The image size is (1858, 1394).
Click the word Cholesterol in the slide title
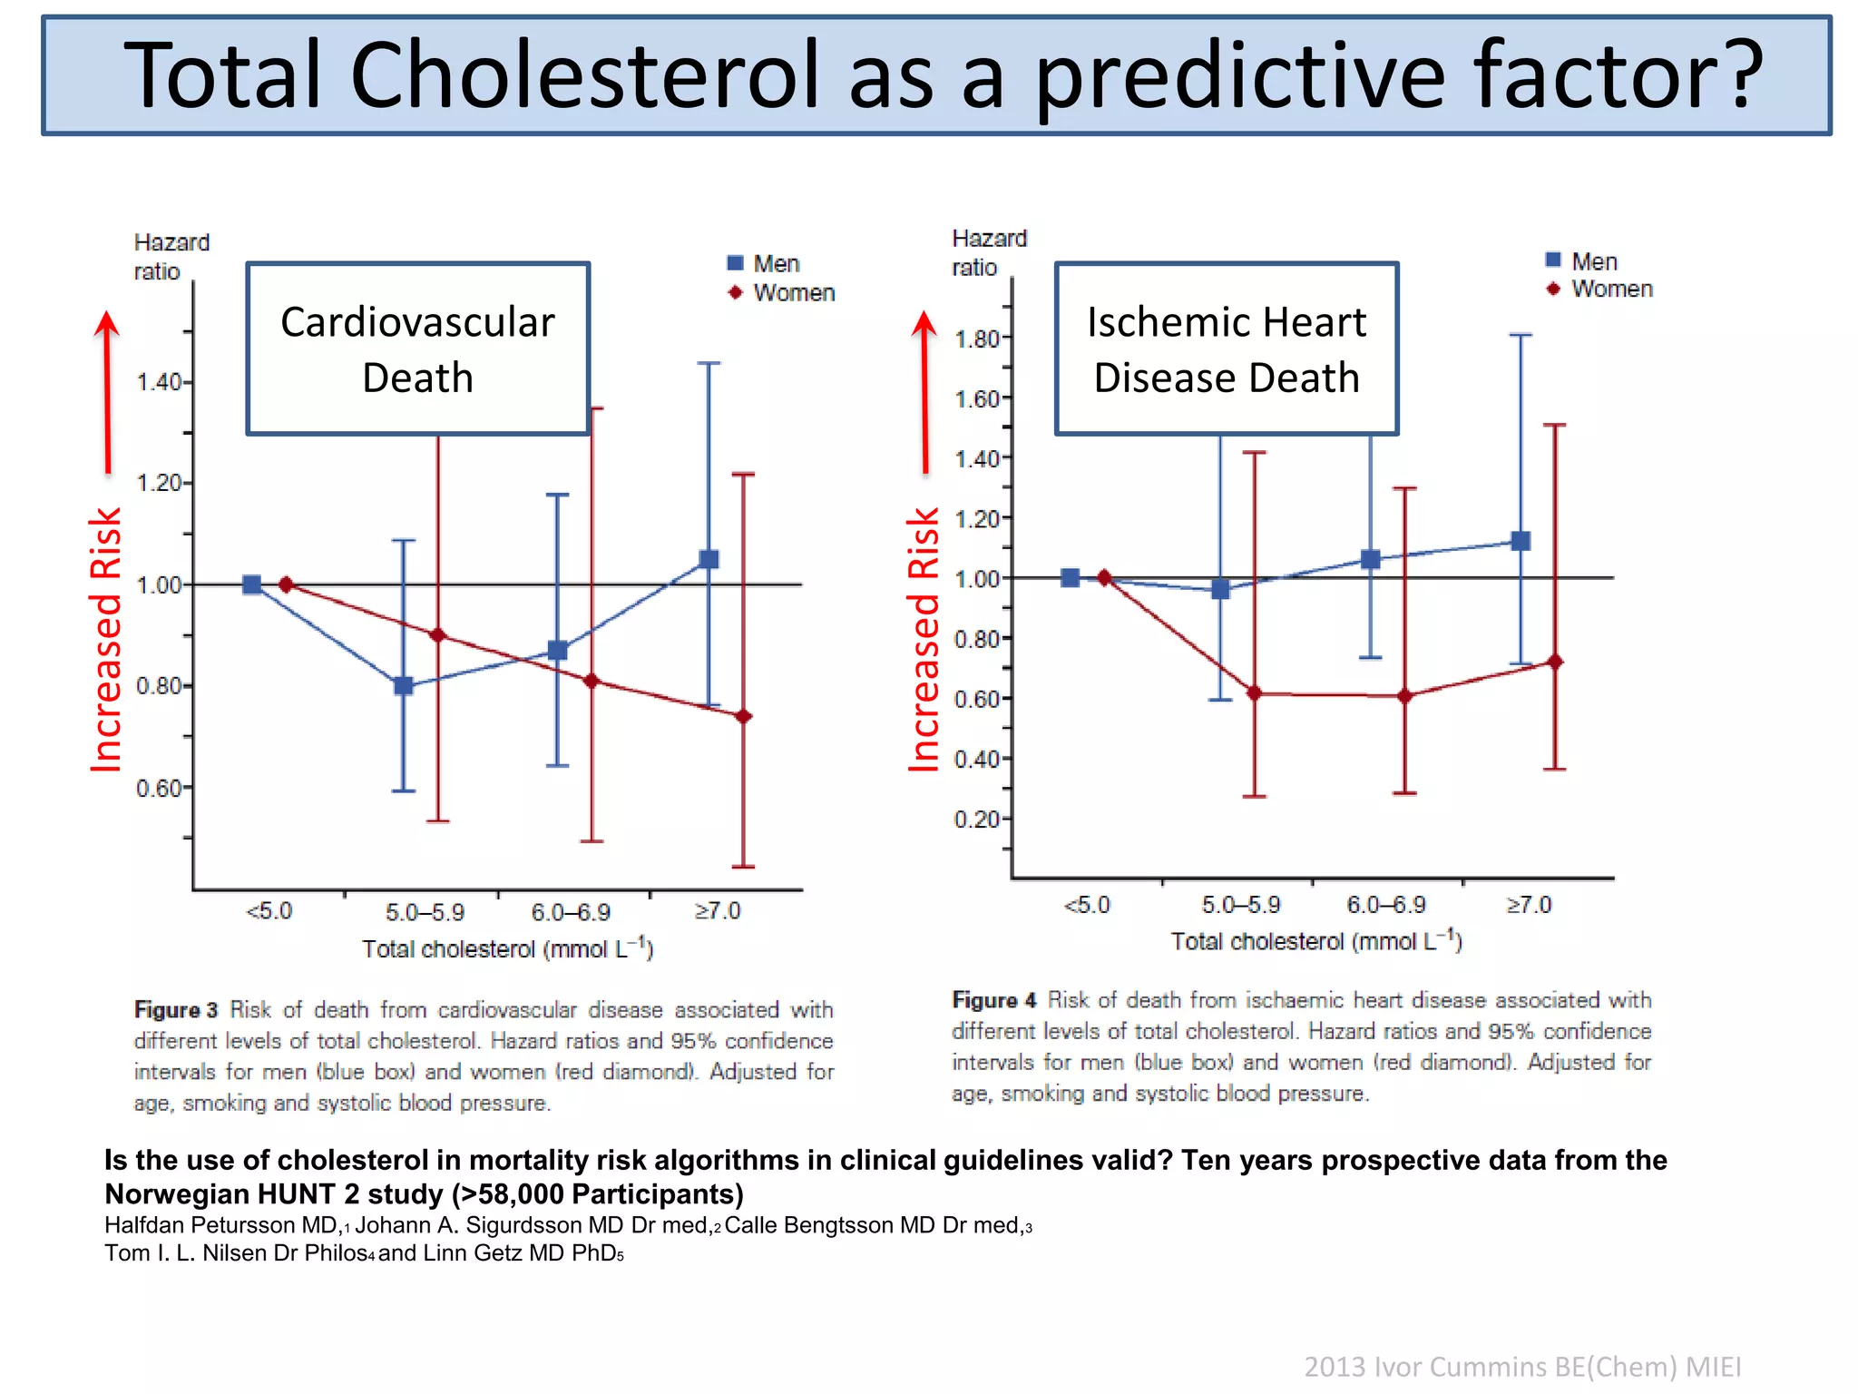[584, 74]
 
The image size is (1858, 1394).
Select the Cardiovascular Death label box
[417, 349]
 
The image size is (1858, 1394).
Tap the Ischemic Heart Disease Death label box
[1226, 349]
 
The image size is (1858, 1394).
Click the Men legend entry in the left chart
[764, 263]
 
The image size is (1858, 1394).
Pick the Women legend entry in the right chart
[1600, 289]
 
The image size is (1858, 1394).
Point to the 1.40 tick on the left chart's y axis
[160, 382]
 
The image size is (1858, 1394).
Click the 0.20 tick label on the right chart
[976, 820]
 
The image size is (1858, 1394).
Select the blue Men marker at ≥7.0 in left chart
[709, 559]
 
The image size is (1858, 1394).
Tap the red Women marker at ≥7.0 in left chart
[743, 717]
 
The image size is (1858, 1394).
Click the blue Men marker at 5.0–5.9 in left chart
[404, 686]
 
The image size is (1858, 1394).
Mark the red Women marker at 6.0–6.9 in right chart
[1404, 696]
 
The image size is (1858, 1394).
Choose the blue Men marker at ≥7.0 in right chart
[1521, 541]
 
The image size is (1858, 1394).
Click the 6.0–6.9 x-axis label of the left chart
[571, 911]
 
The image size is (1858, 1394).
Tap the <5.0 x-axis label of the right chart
[1086, 905]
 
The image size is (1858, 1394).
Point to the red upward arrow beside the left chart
[107, 390]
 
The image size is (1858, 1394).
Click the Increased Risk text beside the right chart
[924, 639]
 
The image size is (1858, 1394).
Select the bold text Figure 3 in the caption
[176, 1010]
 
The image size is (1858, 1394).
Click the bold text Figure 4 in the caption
[993, 1000]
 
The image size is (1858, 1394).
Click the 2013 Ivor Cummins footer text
[1521, 1366]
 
